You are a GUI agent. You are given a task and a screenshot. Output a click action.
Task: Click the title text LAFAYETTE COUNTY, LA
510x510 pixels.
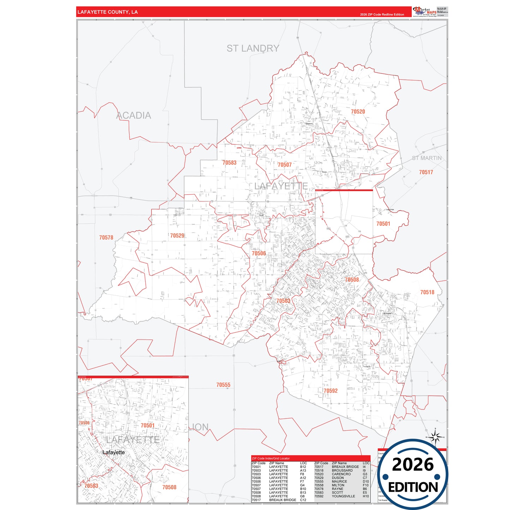pos(108,12)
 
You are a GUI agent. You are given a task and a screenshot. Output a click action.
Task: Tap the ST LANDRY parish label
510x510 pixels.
pos(253,48)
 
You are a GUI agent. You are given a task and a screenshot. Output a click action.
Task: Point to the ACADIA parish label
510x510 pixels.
pos(134,115)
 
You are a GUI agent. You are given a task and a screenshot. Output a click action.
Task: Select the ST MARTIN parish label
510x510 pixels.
pos(427,158)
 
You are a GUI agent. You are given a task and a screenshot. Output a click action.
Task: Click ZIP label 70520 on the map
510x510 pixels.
pos(358,112)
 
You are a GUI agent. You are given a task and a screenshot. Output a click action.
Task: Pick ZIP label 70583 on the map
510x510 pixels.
pos(229,163)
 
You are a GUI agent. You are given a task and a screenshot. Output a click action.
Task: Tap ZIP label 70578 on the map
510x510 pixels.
pos(106,238)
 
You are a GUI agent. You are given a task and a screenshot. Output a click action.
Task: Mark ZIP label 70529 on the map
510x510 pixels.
pos(177,235)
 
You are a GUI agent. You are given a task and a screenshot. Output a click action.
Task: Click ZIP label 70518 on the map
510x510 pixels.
pos(427,292)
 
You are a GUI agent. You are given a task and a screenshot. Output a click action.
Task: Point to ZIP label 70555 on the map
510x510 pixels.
pos(223,385)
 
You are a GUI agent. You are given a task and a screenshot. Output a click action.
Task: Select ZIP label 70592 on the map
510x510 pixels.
pos(330,391)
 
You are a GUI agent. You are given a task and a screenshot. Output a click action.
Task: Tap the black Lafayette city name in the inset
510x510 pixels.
pos(114,452)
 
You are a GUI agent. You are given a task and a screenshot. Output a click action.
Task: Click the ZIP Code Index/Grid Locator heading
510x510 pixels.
pos(271,458)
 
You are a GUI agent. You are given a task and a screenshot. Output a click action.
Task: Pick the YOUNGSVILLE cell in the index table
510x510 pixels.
pos(343,496)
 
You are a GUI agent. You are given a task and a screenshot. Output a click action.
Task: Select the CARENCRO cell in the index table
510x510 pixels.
pos(341,474)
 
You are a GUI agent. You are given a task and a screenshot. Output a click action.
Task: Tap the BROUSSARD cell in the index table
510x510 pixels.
pos(342,470)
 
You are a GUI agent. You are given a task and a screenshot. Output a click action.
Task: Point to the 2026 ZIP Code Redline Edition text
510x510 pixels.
pos(382,14)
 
